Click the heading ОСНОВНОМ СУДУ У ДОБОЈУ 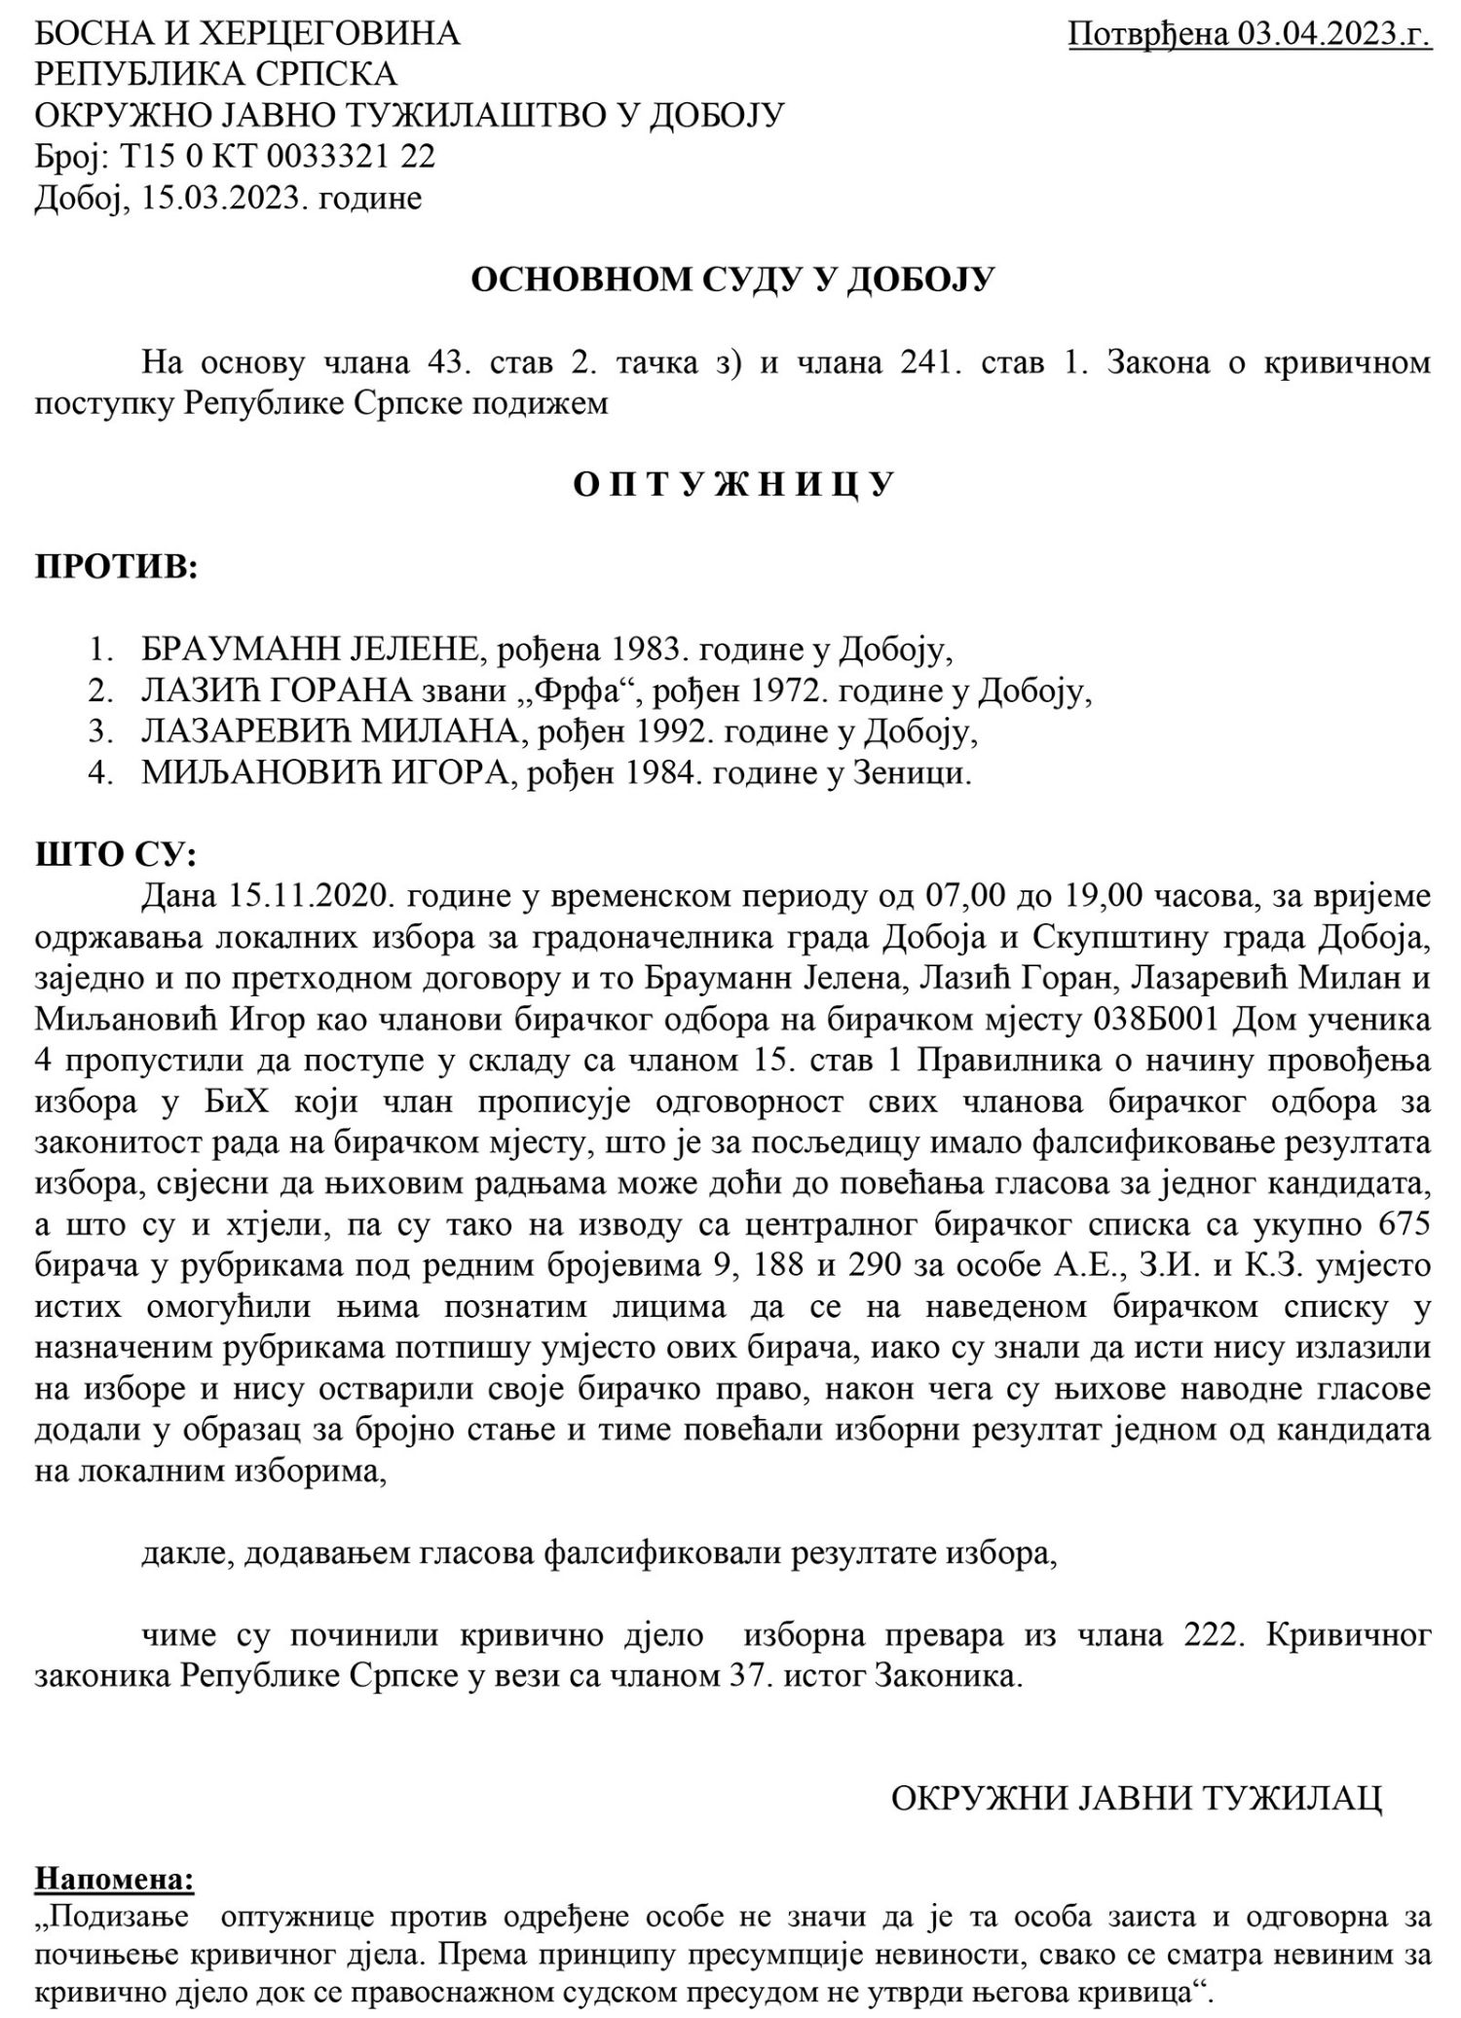(732, 280)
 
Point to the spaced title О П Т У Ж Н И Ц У (732, 485)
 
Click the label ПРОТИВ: (117, 567)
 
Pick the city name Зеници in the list (919, 774)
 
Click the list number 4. (97, 774)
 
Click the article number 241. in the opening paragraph (920, 363)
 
